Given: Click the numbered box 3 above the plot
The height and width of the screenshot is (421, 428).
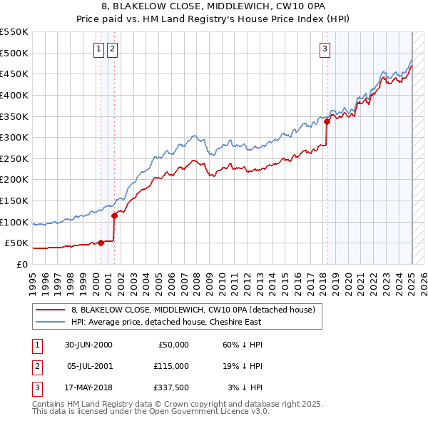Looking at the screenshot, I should point(325,49).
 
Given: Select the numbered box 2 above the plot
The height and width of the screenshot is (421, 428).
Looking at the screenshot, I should point(113,49).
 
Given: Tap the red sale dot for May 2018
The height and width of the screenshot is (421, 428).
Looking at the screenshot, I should point(327,121).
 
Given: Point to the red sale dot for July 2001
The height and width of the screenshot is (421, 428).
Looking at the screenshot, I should point(114,215).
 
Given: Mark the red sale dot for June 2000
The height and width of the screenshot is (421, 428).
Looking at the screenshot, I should point(101,243).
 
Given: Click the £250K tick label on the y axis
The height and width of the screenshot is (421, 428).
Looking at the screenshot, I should point(14,158).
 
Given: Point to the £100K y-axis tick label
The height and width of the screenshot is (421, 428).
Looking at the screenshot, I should point(14,222).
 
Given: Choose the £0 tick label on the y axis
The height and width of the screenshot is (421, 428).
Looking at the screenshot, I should point(22,264).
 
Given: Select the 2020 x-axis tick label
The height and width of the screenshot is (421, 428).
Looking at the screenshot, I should point(348,283).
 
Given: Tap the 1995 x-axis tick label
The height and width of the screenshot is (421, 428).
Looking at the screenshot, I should point(32,283).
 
